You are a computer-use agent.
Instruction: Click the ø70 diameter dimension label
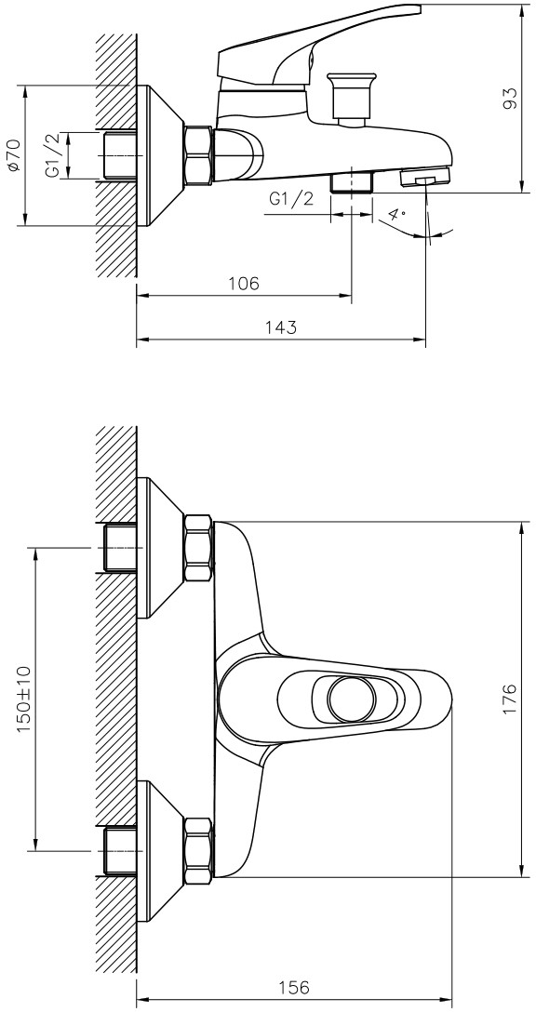coord(14,155)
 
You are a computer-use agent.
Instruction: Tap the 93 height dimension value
coord(510,97)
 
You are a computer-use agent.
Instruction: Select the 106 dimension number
coord(244,284)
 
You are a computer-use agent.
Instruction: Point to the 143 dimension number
coord(281,327)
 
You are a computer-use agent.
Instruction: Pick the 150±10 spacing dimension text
coord(23,699)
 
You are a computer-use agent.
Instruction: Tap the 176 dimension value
coord(510,698)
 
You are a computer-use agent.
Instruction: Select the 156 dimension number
coord(294,988)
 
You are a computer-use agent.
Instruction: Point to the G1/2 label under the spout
coord(291,199)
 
